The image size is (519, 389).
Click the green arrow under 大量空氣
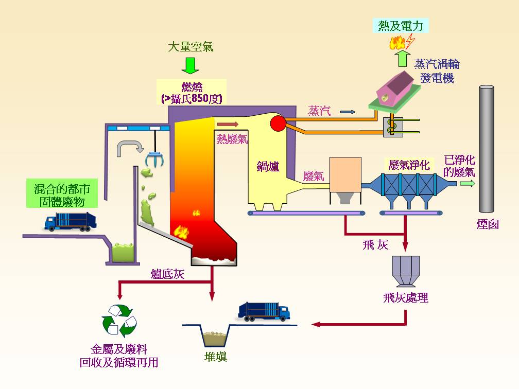190,65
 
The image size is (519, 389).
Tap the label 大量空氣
190,47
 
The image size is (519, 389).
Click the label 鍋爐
268,166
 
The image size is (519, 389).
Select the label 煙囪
487,224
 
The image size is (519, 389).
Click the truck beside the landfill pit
264,311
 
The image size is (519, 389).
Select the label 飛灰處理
406,297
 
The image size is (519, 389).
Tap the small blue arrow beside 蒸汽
348,111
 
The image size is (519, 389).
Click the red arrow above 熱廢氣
228,123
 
